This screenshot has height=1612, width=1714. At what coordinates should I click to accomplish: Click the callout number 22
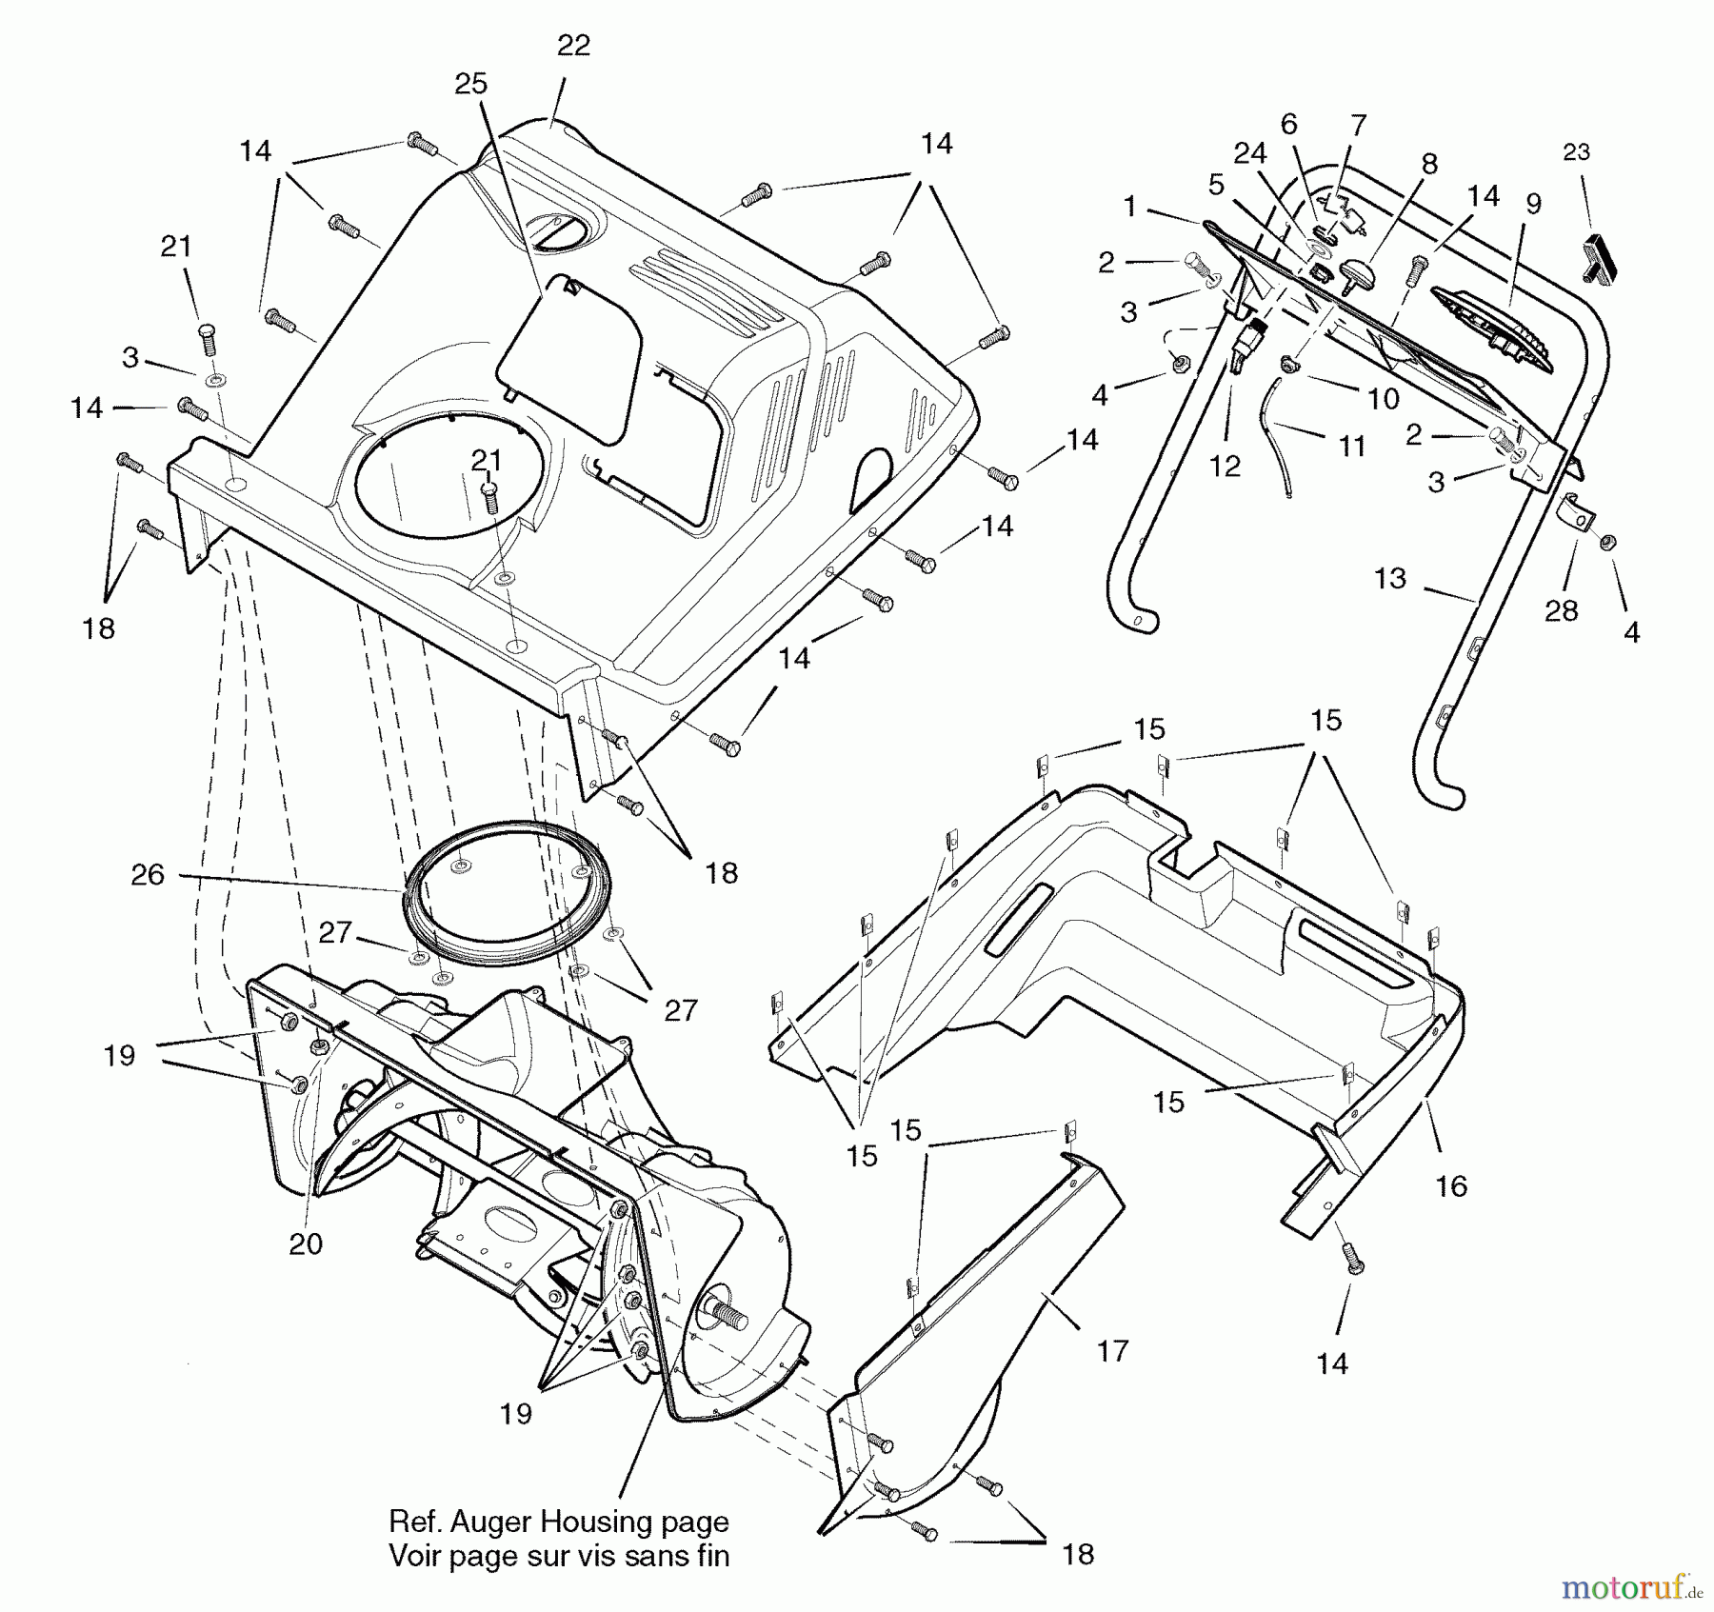[573, 46]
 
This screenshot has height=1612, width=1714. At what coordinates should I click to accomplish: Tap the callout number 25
[470, 84]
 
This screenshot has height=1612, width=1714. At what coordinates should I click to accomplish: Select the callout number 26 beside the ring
[148, 874]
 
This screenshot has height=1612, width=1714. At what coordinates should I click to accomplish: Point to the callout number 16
[1451, 1185]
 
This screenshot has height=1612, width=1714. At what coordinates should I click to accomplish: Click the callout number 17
[1112, 1350]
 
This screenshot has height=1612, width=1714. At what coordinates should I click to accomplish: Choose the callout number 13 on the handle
[1390, 578]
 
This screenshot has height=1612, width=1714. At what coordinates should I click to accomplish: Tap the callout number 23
[1576, 152]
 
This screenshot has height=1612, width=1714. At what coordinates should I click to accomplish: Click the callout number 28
[1561, 610]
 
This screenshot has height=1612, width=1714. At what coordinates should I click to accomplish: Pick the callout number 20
[306, 1244]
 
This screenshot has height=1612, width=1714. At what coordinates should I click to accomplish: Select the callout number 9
[1533, 204]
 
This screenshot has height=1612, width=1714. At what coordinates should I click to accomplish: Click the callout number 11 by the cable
[1352, 446]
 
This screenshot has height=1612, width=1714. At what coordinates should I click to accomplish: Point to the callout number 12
[1226, 466]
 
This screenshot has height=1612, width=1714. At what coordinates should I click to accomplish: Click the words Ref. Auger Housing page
[559, 1521]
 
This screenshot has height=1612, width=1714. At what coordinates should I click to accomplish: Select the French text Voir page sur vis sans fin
[559, 1556]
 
